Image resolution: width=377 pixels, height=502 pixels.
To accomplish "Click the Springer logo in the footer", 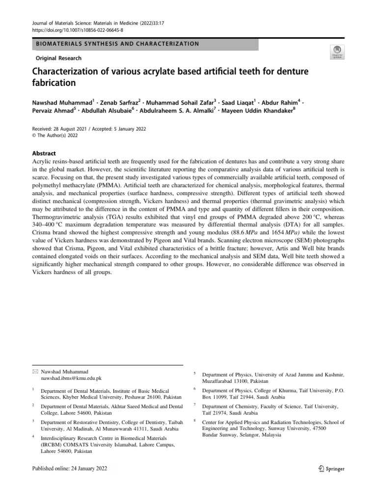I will click(x=331, y=469).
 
